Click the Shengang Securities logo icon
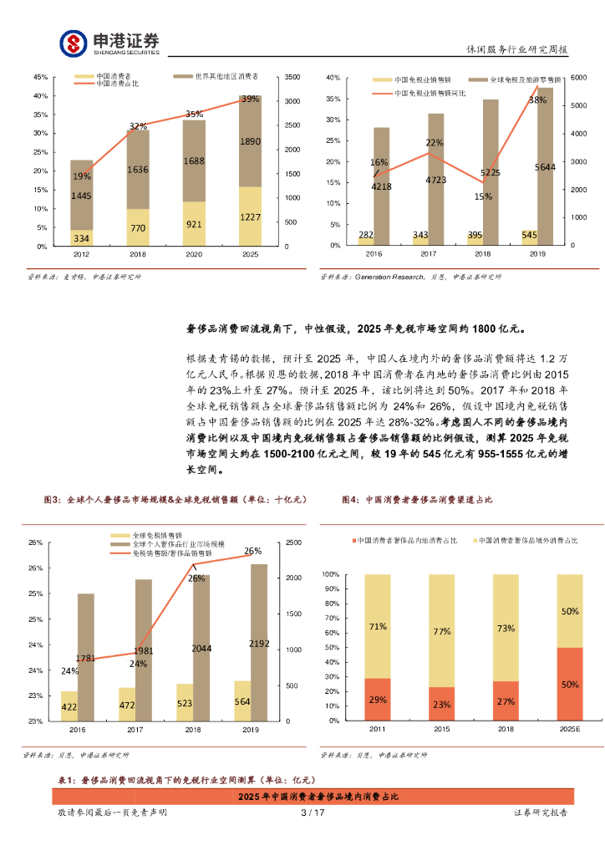(74, 42)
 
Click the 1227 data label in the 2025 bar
(250, 217)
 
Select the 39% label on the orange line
(250, 99)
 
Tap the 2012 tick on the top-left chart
(82, 253)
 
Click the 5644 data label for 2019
(545, 167)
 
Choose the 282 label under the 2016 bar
(365, 235)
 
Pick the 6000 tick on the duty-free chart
(579, 78)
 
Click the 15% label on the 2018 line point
(483, 197)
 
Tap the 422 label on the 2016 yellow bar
(69, 706)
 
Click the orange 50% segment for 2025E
(570, 684)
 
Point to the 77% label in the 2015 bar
(441, 632)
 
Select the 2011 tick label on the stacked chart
(378, 729)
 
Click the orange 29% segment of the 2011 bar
(378, 699)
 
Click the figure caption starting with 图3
(176, 499)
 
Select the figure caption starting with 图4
(417, 499)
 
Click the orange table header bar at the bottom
(318, 797)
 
